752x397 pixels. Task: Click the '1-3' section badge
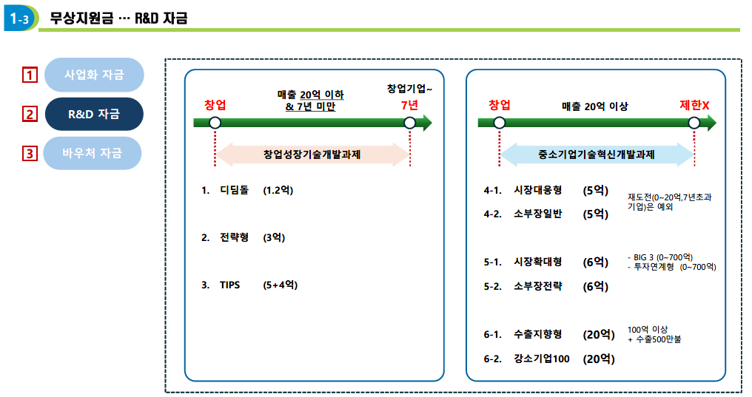coord(20,18)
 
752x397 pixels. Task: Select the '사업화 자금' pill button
coord(94,75)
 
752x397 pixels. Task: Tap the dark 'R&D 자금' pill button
coord(94,114)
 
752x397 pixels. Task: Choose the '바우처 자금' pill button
coord(92,153)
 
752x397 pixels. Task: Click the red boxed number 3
coord(30,154)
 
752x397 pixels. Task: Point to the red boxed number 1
coord(30,75)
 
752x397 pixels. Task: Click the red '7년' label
coord(409,106)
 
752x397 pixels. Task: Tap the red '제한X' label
coord(694,106)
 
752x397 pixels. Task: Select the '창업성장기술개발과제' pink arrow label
coord(312,155)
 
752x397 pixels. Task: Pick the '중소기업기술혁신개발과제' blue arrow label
coord(596,155)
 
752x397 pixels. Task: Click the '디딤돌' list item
coord(234,190)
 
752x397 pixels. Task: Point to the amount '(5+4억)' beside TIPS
coord(280,285)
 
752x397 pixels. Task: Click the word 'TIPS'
coord(229,285)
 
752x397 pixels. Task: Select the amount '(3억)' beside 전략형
coord(274,237)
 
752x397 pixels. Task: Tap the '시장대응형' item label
coord(537,190)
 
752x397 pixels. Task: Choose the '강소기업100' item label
coord(542,359)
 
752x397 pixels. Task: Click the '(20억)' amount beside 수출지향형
coord(599,335)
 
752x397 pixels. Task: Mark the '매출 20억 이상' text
coord(594,106)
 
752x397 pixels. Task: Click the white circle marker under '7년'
coord(409,123)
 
